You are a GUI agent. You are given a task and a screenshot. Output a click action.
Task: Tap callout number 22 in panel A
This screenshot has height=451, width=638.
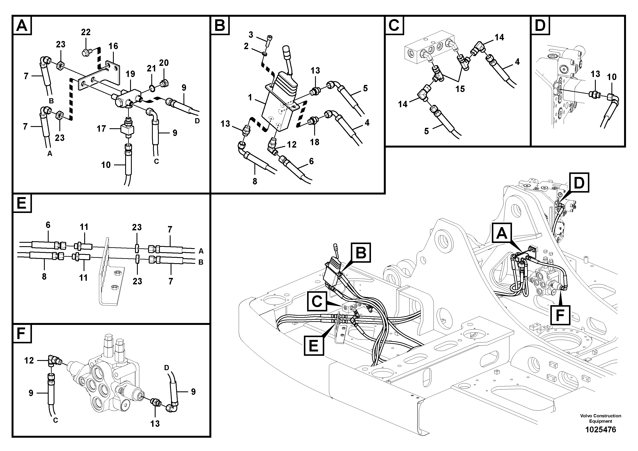(86, 32)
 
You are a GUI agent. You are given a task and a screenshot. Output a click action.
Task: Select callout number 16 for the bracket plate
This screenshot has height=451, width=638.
(113, 46)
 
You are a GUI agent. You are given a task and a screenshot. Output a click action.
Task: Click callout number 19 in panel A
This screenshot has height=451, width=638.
(130, 74)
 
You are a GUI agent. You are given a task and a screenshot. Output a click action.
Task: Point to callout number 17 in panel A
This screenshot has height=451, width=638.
(101, 128)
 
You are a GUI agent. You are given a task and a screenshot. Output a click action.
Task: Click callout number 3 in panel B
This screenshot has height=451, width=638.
(251, 35)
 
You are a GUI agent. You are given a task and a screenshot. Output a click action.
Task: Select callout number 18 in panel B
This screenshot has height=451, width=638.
(315, 142)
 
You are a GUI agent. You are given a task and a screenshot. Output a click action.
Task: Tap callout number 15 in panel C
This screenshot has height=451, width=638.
(460, 89)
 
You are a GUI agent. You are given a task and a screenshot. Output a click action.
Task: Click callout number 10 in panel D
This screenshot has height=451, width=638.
(612, 77)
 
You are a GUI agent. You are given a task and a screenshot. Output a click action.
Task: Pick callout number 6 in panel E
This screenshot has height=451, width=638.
(48, 225)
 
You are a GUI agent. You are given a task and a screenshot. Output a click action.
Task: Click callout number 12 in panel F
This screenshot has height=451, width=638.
(29, 361)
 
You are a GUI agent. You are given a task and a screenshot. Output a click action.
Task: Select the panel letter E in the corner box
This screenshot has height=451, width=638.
(22, 204)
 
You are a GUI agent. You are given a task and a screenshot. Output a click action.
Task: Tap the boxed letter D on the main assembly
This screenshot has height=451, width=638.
(579, 183)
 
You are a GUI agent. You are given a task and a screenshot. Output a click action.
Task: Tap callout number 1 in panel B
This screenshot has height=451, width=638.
(250, 98)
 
